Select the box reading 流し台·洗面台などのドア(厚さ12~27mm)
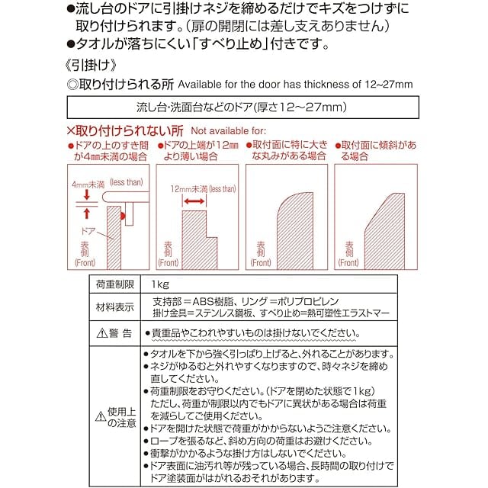point(243,106)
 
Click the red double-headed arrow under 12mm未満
point(194,201)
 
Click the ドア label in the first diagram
point(89,228)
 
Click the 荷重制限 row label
point(114,284)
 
